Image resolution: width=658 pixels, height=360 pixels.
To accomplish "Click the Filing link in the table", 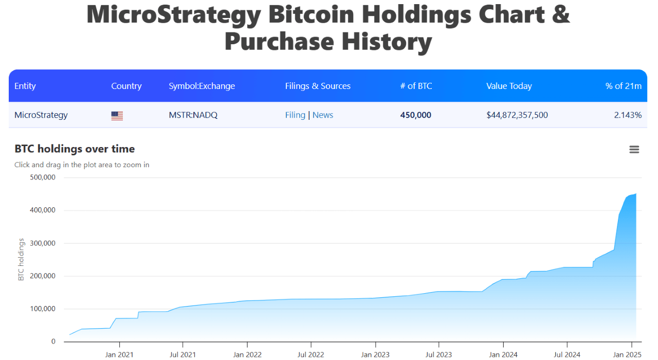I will tap(295, 115).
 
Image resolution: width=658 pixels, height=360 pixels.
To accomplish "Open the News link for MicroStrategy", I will tap(323, 115).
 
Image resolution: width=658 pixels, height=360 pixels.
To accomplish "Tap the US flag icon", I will tap(117, 116).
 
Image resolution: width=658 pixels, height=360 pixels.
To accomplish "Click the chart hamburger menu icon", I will tap(634, 150).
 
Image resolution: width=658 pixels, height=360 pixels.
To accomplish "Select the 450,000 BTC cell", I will tap(415, 115).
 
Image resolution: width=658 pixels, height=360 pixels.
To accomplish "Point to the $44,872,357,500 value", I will tap(517, 115).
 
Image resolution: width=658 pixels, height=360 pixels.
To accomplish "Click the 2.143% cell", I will tap(628, 115).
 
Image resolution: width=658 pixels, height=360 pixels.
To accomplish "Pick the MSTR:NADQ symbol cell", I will tap(193, 115).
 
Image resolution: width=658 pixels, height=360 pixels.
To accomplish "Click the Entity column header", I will tap(25, 86).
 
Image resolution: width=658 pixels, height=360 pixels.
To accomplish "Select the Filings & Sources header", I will tap(318, 86).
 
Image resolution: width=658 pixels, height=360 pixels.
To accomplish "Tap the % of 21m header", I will tap(623, 86).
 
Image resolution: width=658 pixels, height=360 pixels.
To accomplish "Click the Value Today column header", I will tap(509, 86).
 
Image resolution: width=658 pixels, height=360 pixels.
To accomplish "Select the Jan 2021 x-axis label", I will tap(119, 354).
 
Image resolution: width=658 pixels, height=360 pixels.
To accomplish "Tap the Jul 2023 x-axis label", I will tap(438, 354).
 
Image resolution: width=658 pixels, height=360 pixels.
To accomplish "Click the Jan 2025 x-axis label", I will tap(626, 354).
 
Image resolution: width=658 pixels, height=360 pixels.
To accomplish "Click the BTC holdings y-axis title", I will tap(21, 260).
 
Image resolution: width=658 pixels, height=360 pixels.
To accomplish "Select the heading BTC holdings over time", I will tap(75, 149).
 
